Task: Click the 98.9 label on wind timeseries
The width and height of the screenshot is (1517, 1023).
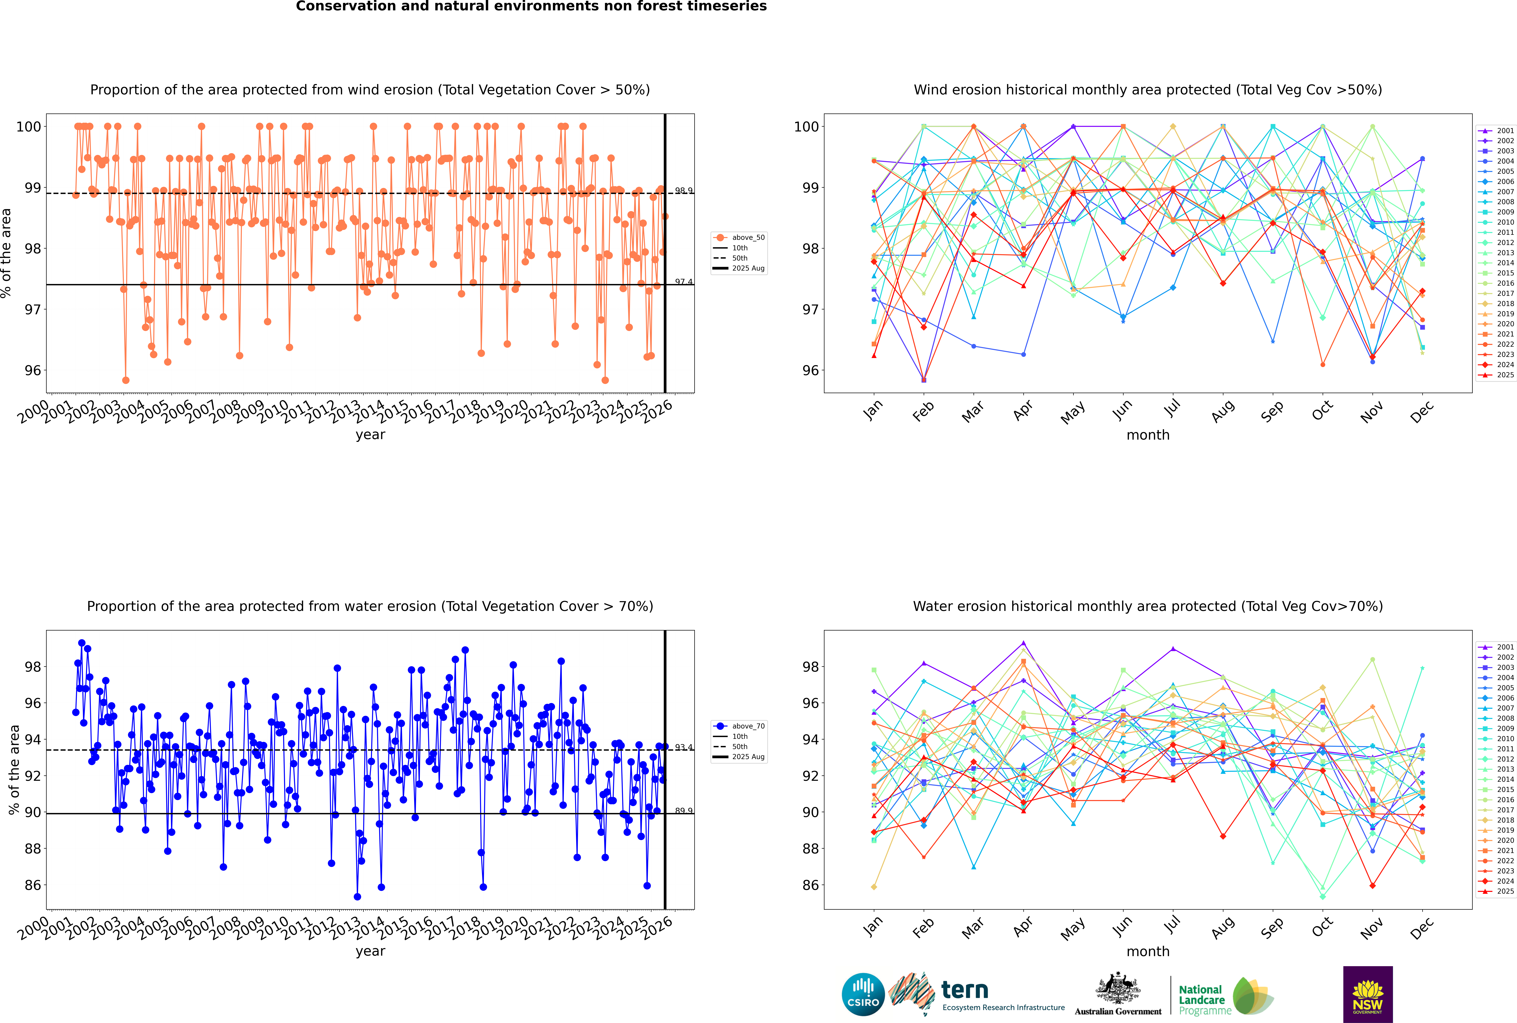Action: tap(683, 191)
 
